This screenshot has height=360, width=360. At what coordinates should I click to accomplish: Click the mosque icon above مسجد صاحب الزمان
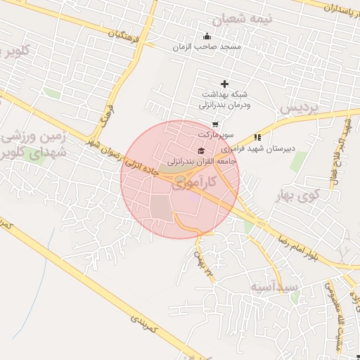click(x=206, y=37)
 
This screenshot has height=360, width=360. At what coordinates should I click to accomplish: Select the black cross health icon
click(x=225, y=84)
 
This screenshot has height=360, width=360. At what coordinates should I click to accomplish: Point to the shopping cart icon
click(x=214, y=124)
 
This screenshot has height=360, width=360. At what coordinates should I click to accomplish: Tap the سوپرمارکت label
click(x=214, y=134)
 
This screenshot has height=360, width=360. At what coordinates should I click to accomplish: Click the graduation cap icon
click(x=202, y=151)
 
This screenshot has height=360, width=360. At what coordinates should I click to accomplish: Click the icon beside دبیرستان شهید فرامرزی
click(x=258, y=137)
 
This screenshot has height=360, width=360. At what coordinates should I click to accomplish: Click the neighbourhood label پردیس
click(x=299, y=108)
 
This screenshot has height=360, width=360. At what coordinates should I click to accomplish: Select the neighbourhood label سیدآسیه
click(x=274, y=288)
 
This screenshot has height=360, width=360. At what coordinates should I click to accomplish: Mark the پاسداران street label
click(x=334, y=8)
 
